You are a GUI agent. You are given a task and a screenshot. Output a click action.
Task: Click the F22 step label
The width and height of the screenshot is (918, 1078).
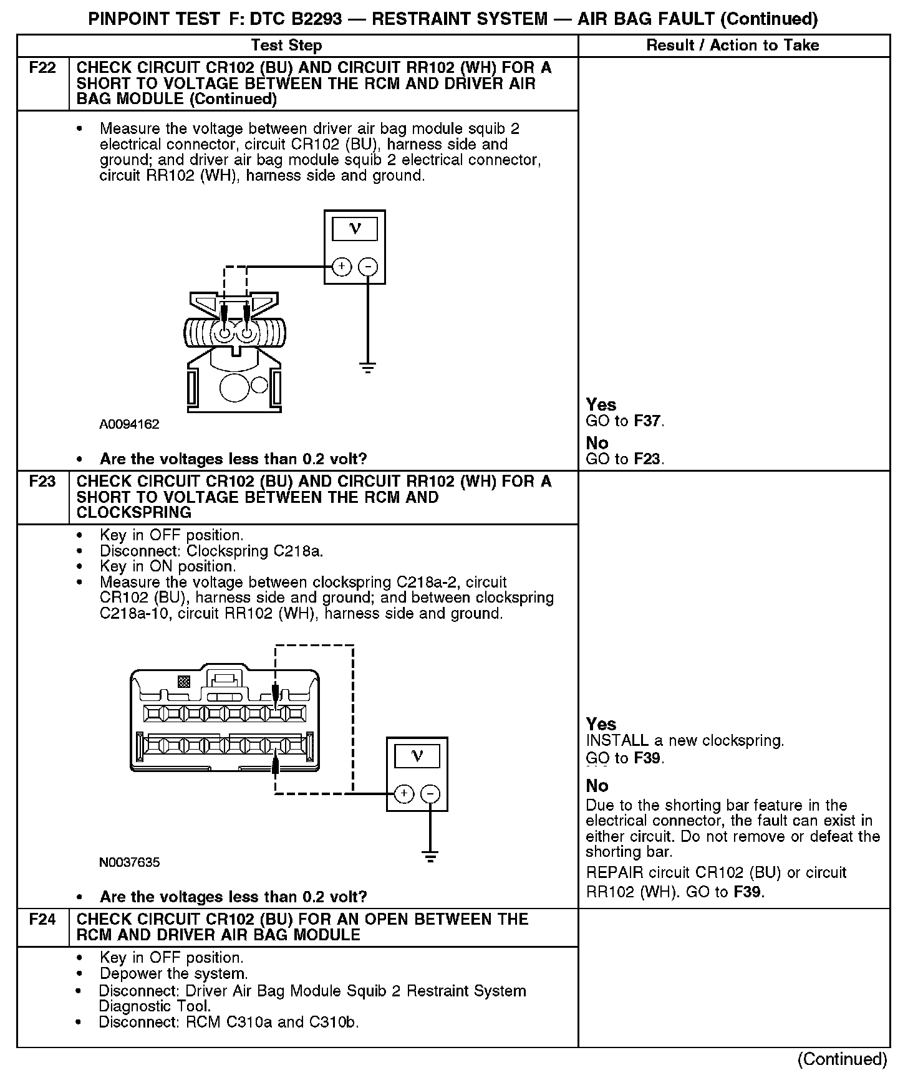pyautogui.click(x=42, y=68)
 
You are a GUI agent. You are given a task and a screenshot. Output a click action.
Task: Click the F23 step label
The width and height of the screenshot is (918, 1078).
pyautogui.click(x=42, y=482)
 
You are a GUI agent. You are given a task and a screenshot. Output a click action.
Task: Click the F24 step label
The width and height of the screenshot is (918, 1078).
pyautogui.click(x=42, y=919)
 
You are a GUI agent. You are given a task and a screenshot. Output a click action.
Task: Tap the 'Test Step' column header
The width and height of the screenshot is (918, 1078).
pyautogui.click(x=286, y=45)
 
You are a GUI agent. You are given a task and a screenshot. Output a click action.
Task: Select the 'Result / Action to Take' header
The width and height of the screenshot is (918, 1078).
pyautogui.click(x=733, y=45)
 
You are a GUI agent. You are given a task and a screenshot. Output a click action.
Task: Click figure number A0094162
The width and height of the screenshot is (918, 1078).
pyautogui.click(x=129, y=424)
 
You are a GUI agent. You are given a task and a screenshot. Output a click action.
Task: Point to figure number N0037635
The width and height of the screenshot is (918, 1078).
pyautogui.click(x=129, y=862)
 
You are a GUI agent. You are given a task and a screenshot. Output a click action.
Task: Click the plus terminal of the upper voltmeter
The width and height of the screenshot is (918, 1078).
pyautogui.click(x=341, y=267)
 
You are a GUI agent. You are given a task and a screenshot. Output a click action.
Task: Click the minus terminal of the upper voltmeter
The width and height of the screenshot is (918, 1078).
pyautogui.click(x=369, y=267)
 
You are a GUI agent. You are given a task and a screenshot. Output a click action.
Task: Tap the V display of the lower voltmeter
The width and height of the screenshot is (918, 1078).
pyautogui.click(x=417, y=756)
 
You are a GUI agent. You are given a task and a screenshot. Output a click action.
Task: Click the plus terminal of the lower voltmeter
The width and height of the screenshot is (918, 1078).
pyautogui.click(x=404, y=793)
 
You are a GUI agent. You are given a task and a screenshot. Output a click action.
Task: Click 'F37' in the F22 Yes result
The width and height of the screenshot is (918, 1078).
pyautogui.click(x=647, y=421)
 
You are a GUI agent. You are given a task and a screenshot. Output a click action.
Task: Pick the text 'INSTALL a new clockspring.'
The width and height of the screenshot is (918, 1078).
pyautogui.click(x=685, y=741)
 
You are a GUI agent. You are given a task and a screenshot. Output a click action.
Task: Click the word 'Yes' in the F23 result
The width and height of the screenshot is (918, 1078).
pyautogui.click(x=601, y=724)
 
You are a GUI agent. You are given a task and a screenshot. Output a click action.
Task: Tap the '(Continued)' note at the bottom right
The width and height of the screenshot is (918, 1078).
pyautogui.click(x=842, y=1059)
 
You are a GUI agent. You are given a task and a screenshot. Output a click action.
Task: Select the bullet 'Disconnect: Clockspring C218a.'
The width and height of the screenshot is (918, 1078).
pyautogui.click(x=211, y=551)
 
